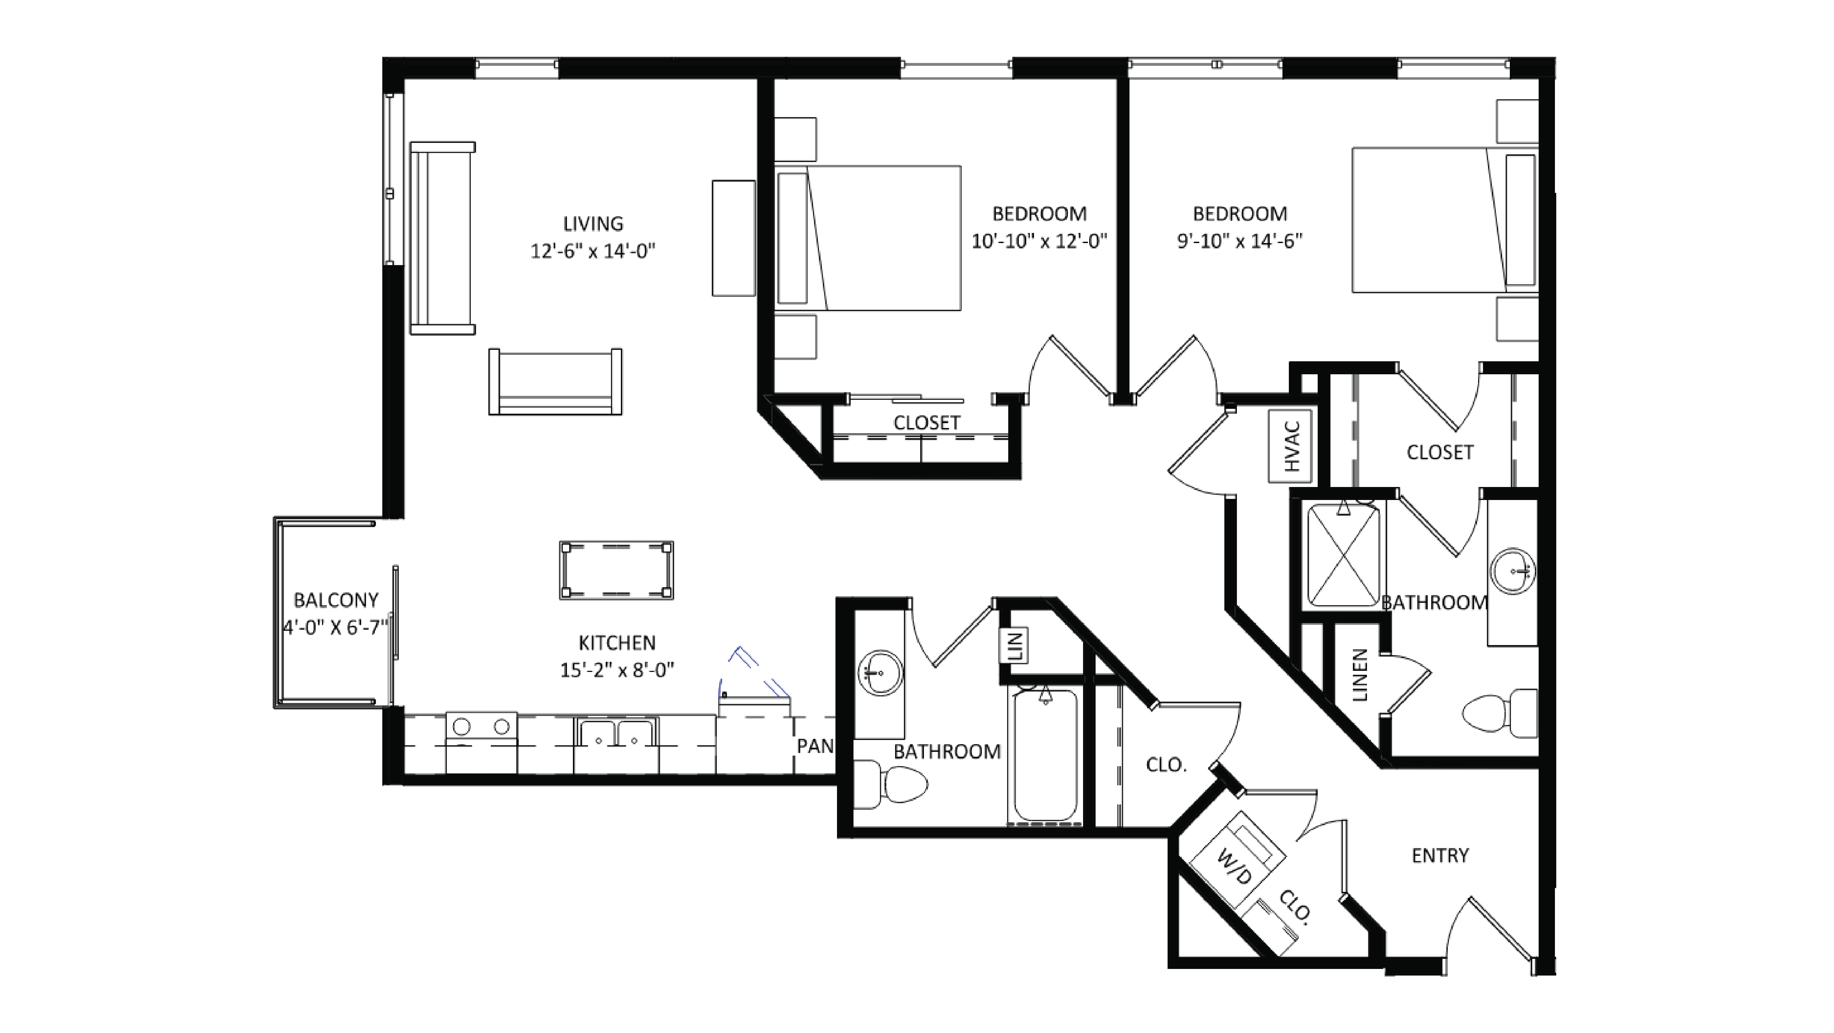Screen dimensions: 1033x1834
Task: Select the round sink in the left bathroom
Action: tap(881, 672)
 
